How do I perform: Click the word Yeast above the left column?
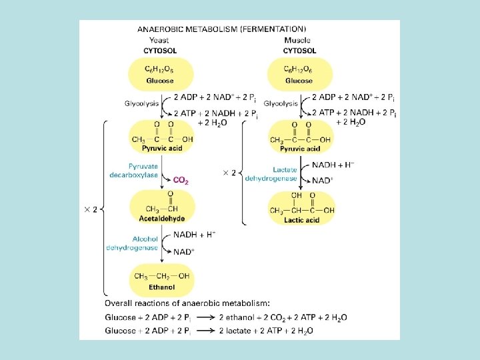(x=159, y=39)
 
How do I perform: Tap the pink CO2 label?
(x=181, y=180)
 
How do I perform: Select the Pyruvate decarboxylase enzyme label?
(x=134, y=170)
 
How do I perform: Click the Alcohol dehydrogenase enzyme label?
(x=132, y=243)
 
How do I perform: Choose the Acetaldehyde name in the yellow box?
(x=162, y=219)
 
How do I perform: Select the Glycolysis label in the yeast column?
(x=141, y=103)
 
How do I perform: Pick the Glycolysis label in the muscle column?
(x=280, y=103)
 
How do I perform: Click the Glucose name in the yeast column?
(x=160, y=81)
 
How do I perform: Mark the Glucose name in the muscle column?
(x=299, y=81)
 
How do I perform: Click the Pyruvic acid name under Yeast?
(x=163, y=148)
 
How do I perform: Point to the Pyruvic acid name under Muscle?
(x=302, y=148)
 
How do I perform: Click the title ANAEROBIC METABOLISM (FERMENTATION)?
(x=222, y=29)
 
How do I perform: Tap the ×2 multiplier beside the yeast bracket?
(x=91, y=209)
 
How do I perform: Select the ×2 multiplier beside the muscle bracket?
(x=229, y=173)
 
